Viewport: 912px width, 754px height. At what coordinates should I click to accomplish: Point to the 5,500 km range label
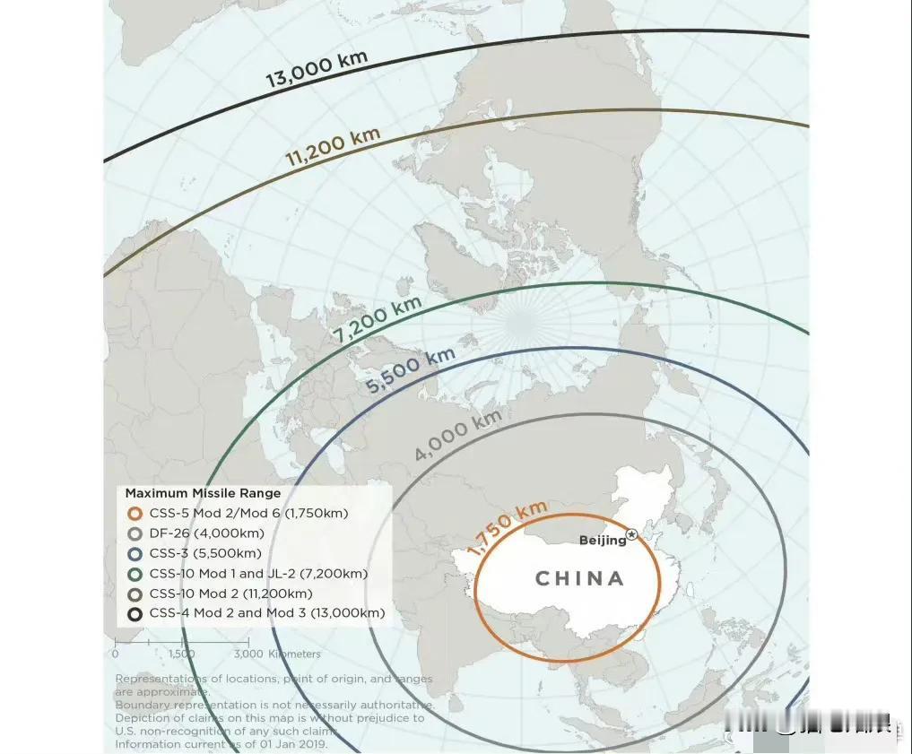tap(412, 371)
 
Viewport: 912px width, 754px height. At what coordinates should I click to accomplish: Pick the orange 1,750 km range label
tap(508, 528)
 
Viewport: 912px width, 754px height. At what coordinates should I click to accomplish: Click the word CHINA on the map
tap(580, 578)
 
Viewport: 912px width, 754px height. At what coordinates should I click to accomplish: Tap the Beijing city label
tap(602, 540)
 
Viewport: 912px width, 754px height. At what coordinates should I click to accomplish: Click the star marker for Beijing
tap(631, 534)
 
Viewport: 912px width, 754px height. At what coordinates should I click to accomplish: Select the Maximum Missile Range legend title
tap(203, 493)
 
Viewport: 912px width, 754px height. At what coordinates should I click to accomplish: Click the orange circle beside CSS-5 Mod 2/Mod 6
tap(135, 514)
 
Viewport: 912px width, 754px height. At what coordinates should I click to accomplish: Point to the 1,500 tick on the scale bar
tap(181, 654)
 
